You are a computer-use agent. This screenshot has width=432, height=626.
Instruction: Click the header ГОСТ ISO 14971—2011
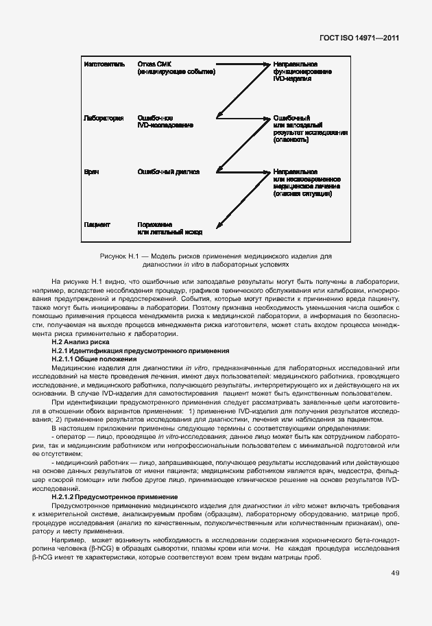click(x=368, y=39)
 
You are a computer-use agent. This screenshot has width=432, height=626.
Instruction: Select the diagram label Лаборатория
click(x=103, y=118)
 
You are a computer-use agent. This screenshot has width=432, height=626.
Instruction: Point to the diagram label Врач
click(x=91, y=171)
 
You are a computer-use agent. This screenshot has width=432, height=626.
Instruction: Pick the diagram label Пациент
click(x=97, y=224)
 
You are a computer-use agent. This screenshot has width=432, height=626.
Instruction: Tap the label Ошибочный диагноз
click(x=168, y=171)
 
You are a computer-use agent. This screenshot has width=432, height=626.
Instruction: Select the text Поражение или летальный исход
click(x=169, y=228)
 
